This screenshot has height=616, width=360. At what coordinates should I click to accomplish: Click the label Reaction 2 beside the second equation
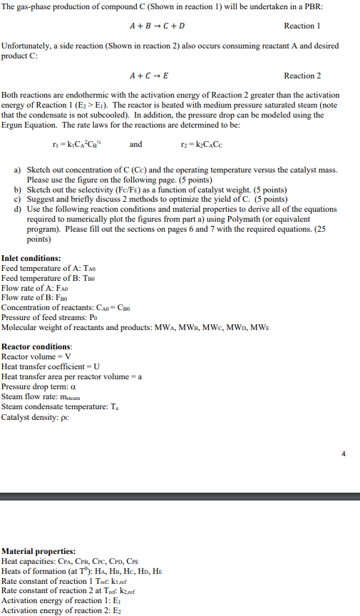(302, 76)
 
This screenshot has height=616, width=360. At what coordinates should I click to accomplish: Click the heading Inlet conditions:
(31, 258)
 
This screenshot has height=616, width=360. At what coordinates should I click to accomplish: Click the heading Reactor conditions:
(37, 346)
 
